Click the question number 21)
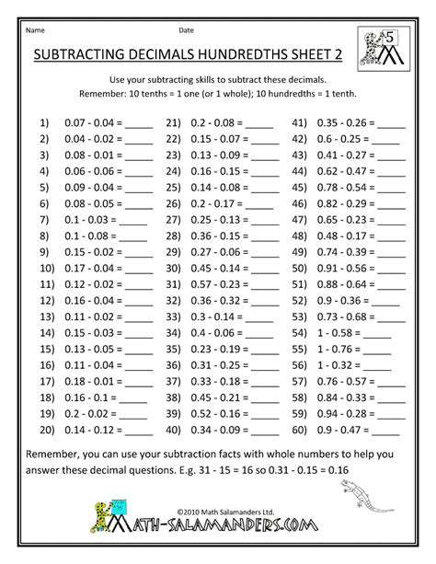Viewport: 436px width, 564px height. (x=172, y=121)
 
